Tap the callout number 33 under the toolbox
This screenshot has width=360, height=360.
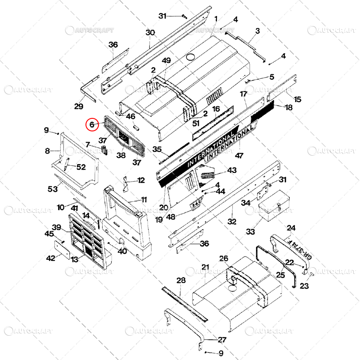click(250, 231)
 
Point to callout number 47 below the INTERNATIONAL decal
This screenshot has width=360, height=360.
click(239, 156)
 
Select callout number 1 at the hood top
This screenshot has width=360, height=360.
click(216, 18)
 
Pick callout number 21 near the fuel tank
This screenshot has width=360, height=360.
click(205, 267)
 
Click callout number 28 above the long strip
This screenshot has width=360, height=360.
click(181, 280)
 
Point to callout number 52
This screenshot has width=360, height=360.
click(81, 167)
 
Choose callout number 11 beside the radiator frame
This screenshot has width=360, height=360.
click(144, 200)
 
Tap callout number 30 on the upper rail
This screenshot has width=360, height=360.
click(150, 32)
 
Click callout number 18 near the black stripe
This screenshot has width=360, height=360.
click(288, 107)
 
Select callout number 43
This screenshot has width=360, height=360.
click(232, 171)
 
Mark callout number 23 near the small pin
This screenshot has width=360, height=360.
click(305, 285)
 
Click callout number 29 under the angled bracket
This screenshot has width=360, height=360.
click(79, 106)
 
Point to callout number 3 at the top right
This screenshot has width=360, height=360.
click(257, 31)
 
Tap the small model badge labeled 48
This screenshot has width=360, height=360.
click(195, 205)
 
